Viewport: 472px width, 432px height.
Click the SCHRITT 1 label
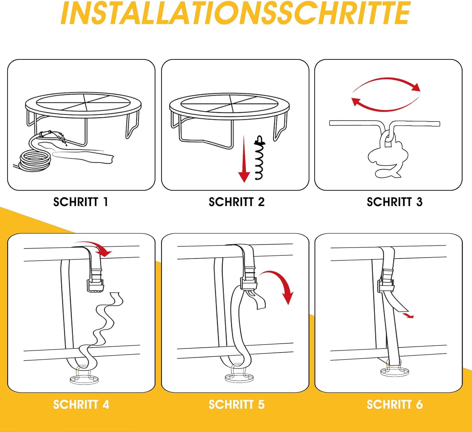(81, 202)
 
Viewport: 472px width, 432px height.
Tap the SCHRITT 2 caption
(236, 202)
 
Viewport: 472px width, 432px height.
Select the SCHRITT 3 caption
(395, 202)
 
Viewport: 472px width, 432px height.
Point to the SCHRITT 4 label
(81, 405)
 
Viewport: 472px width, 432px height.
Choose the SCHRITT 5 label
(236, 405)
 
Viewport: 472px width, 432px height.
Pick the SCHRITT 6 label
(395, 405)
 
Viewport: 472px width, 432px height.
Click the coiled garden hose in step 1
(35, 161)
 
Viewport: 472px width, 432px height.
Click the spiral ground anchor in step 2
(260, 157)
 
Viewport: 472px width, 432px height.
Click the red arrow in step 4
(94, 246)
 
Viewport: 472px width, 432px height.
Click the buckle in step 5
(249, 279)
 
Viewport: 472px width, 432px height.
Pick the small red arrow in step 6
(407, 315)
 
